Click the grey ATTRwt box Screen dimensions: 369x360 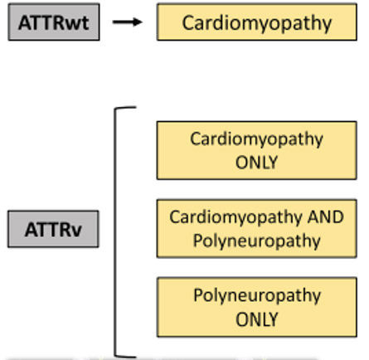pyautogui.click(x=54, y=22)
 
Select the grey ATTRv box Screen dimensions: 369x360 pyautogui.click(x=53, y=229)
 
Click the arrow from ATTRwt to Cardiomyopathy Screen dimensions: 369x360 pyautogui.click(x=128, y=22)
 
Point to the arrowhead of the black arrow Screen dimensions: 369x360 pyautogui.click(x=138, y=22)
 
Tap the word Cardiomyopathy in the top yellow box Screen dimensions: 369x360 pyautogui.click(x=257, y=23)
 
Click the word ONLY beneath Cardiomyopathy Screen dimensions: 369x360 pyautogui.click(x=256, y=163)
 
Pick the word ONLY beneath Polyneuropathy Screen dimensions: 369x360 pyautogui.click(x=256, y=319)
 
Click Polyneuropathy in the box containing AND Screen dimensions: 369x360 pyautogui.click(x=257, y=241)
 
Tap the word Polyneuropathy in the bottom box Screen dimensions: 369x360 pyautogui.click(x=257, y=296)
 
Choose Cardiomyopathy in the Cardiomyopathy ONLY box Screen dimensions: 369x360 pyautogui.click(x=256, y=139)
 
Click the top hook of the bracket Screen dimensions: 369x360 pyautogui.click(x=125, y=108)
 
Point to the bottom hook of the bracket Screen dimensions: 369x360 pyautogui.click(x=125, y=356)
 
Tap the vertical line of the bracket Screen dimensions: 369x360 pyautogui.click(x=115, y=231)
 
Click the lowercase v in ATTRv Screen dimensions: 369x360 pyautogui.click(x=77, y=231)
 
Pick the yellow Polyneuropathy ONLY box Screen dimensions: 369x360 pyautogui.click(x=257, y=307)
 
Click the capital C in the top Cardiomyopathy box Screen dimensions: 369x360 pyautogui.click(x=188, y=22)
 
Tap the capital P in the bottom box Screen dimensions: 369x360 pyautogui.click(x=198, y=294)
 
